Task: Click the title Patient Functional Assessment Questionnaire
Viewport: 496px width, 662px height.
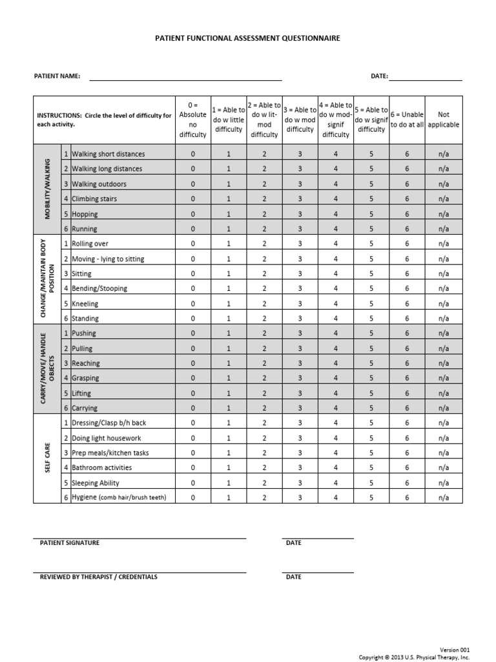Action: point(247,39)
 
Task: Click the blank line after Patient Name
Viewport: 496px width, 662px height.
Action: point(185,78)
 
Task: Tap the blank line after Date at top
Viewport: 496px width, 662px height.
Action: point(426,78)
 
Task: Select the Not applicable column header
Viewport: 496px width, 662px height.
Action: point(444,120)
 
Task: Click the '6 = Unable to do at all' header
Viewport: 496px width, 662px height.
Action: point(407,120)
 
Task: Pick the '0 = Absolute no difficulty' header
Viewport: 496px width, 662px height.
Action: point(193,120)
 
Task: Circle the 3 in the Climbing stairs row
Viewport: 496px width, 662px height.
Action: point(300,199)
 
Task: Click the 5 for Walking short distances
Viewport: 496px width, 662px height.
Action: point(371,155)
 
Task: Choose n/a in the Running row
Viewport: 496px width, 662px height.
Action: point(444,229)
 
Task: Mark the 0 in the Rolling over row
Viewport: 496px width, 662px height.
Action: point(193,244)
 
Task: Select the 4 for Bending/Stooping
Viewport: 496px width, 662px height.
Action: point(335,288)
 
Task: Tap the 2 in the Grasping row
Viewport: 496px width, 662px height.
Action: point(263,378)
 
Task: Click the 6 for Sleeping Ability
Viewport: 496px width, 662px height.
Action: point(407,483)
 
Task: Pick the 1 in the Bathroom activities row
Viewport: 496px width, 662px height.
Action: point(228,467)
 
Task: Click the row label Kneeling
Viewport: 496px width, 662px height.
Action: point(85,303)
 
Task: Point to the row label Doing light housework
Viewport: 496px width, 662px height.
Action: point(106,438)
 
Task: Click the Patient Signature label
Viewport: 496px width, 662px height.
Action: point(70,543)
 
